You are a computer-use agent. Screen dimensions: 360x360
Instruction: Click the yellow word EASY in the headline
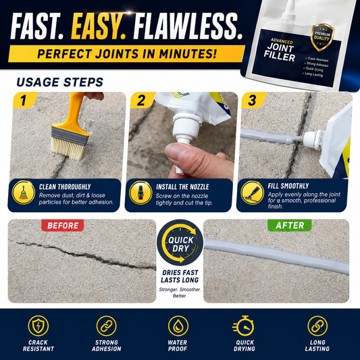98,26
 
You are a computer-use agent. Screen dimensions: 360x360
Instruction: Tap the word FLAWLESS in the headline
188,26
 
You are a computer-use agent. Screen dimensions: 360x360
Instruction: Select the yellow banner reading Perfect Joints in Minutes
126,54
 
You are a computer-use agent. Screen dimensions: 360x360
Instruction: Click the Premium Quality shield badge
322,37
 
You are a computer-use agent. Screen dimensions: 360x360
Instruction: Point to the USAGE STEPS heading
60,82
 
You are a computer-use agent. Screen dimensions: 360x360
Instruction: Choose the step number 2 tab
141,101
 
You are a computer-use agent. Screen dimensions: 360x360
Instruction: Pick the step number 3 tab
253,101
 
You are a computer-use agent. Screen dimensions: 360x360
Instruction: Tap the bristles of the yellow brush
68,149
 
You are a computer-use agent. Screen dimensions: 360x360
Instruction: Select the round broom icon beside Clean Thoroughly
24,192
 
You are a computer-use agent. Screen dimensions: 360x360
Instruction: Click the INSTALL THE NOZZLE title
182,187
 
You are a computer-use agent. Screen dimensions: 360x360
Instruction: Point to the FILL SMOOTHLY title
288,186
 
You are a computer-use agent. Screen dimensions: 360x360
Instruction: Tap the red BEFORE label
63,226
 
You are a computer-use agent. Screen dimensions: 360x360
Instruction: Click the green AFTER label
290,226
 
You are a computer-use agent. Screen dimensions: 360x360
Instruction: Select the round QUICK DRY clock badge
180,242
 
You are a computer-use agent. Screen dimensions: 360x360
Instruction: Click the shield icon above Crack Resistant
38,326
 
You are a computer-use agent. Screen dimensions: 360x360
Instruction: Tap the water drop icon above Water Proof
178,326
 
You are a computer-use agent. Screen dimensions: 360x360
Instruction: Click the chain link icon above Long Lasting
317,326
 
